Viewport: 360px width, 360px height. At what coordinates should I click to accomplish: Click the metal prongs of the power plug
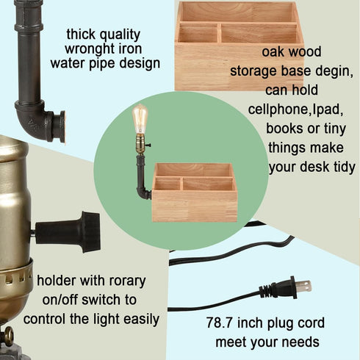tap(302, 285)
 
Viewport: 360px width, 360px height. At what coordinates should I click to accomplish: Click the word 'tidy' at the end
tap(342, 167)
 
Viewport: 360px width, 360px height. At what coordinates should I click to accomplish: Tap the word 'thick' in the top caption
tap(83, 34)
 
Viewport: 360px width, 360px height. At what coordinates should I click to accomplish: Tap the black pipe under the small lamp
tap(140, 176)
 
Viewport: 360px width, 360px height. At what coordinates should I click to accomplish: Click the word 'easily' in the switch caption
tap(140, 319)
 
